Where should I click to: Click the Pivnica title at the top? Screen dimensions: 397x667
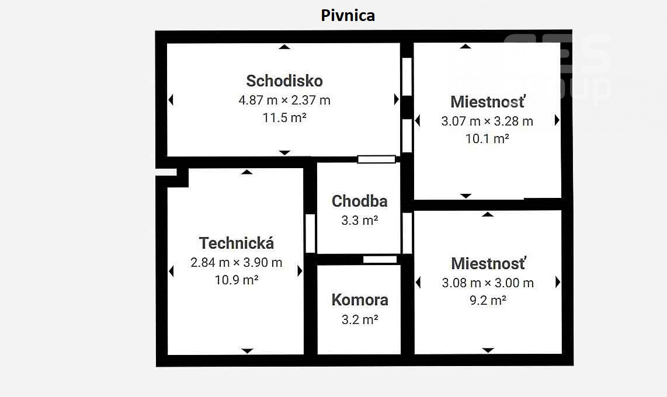click(x=348, y=15)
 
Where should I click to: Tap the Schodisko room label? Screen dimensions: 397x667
click(x=284, y=81)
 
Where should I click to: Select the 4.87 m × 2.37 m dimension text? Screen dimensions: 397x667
click(x=284, y=100)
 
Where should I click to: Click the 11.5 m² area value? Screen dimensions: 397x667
click(x=284, y=117)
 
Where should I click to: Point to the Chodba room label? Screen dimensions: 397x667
click(x=359, y=201)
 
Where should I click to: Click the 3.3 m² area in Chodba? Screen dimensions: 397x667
click(x=359, y=220)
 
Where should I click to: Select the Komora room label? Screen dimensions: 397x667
click(x=359, y=300)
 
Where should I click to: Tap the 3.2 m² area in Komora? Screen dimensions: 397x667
click(x=359, y=319)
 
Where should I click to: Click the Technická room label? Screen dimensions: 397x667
click(x=236, y=243)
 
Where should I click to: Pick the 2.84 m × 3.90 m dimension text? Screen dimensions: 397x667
click(x=236, y=263)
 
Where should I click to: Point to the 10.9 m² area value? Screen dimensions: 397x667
click(x=236, y=280)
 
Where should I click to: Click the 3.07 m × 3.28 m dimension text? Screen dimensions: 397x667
click(x=487, y=121)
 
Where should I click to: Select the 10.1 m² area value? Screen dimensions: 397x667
click(x=487, y=139)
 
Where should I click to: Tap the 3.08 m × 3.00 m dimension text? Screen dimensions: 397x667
click(x=488, y=283)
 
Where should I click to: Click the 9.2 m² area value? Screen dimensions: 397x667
click(x=488, y=301)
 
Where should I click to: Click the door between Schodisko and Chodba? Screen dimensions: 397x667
click(x=376, y=159)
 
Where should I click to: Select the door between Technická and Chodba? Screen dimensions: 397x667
click(x=310, y=234)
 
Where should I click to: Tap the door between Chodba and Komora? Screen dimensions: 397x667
click(x=380, y=259)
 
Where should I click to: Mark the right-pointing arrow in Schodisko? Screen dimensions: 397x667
click(x=397, y=100)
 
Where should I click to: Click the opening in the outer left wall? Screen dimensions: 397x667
click(x=166, y=172)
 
